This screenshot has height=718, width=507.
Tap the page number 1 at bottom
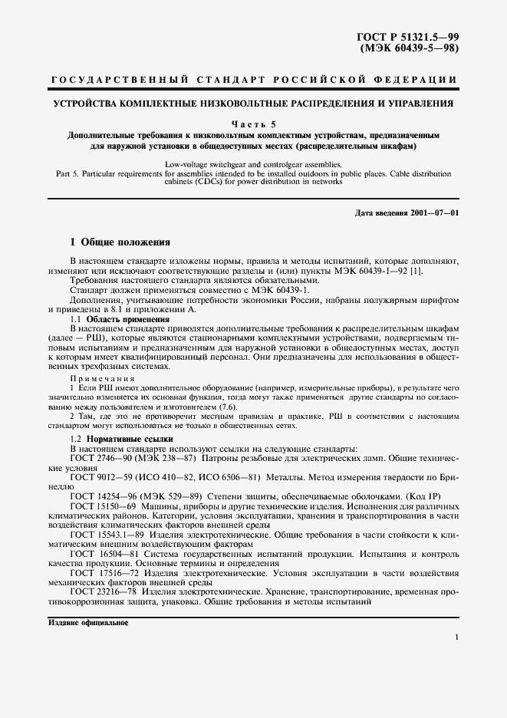pos(456,637)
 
